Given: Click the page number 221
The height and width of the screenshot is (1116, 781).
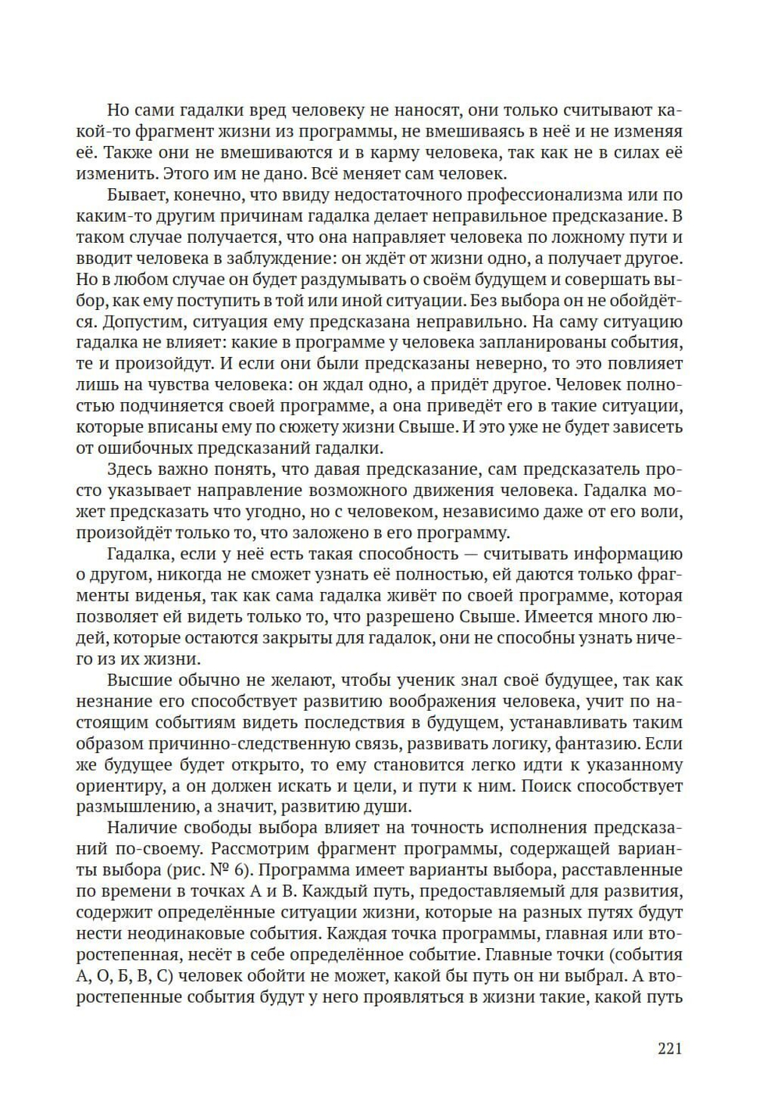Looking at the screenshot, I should click(x=669, y=1048).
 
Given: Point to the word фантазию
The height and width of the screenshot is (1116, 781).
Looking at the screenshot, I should click(x=599, y=744).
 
